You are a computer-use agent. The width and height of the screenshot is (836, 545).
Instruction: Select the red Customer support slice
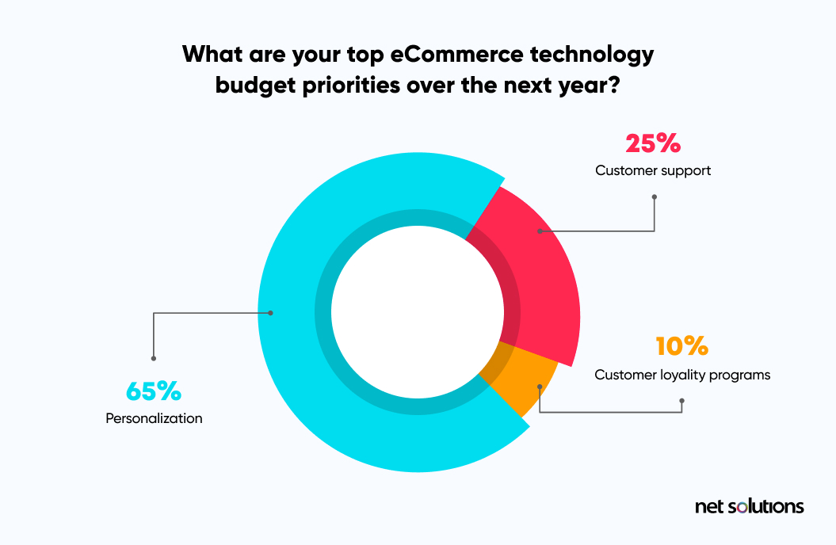539,277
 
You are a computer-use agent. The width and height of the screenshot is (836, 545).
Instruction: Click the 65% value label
154,391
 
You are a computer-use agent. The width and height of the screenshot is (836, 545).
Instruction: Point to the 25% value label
653,143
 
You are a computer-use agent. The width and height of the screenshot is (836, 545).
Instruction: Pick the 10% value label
682,346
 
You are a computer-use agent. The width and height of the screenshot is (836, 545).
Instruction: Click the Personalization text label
154,419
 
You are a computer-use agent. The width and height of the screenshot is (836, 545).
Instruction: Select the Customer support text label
653,171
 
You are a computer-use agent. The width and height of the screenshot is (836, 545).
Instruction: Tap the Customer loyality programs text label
682,375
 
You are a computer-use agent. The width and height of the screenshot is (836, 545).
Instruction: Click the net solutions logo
749,506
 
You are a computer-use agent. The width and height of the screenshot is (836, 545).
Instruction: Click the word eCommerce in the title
457,55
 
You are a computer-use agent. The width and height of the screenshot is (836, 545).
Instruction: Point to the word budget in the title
255,86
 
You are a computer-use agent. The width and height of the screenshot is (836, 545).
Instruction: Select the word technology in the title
592,55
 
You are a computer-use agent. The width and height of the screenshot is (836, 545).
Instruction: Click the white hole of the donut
418,312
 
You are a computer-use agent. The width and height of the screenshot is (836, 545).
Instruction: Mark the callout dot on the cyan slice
270,313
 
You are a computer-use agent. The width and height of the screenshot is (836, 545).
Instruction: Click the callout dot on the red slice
540,231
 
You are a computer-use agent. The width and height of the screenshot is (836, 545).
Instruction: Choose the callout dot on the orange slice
540,387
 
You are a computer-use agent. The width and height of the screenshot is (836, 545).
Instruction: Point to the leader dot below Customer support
655,197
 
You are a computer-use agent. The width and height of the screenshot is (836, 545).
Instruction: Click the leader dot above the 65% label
154,359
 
